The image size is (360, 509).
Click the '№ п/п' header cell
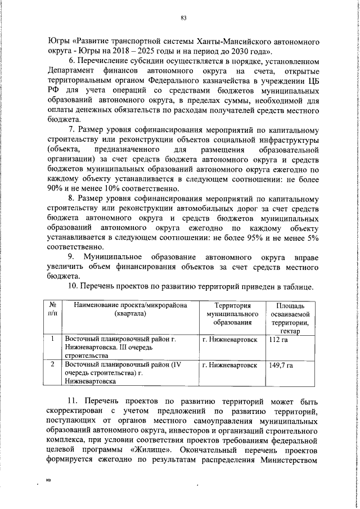click(52, 309)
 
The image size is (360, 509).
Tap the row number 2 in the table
click(52, 365)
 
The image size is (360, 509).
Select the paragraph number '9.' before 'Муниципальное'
click(73, 256)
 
